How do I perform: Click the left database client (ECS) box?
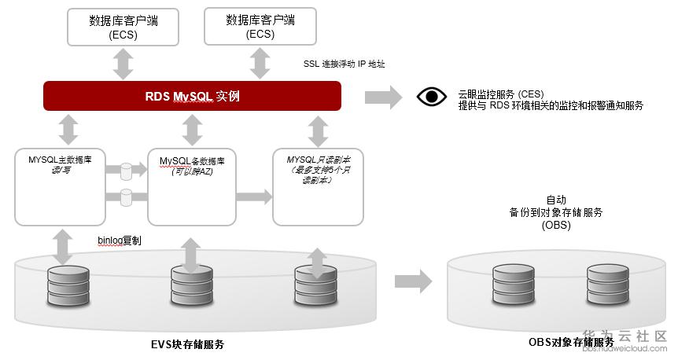click(x=123, y=28)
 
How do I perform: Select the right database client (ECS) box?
click(x=260, y=28)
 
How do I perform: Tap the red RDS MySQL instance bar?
click(x=193, y=96)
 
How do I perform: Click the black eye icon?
click(x=431, y=97)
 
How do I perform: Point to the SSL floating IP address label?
click(x=344, y=64)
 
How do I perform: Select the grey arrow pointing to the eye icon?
click(x=383, y=97)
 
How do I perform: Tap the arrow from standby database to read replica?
click(x=252, y=193)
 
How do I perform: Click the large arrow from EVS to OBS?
click(x=413, y=281)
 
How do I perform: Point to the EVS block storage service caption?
click(x=193, y=343)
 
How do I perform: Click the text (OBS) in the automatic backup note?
click(x=555, y=226)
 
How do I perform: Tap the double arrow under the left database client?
click(x=123, y=63)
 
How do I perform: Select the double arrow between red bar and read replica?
click(x=318, y=130)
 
